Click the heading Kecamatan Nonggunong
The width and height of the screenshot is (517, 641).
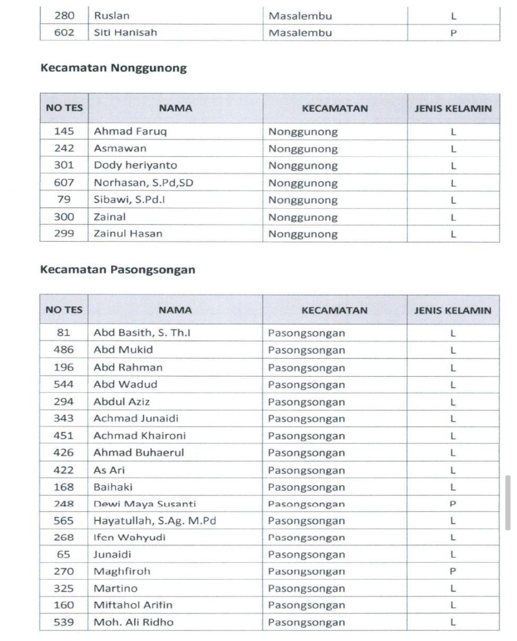click(x=113, y=68)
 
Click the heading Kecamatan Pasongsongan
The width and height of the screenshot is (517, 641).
click(x=118, y=270)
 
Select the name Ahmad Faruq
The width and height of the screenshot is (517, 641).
click(x=125, y=132)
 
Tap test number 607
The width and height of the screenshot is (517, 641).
click(x=63, y=183)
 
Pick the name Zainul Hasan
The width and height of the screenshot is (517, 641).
click(x=128, y=234)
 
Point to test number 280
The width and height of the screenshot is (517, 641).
click(x=63, y=15)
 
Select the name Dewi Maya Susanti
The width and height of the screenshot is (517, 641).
click(x=145, y=503)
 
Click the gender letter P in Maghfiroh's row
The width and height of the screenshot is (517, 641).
click(x=453, y=571)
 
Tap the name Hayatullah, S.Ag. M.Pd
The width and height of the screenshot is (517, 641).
click(x=154, y=520)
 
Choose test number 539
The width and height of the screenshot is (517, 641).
click(x=63, y=622)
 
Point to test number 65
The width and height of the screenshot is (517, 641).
click(x=63, y=554)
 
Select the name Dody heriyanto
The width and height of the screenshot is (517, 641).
click(x=135, y=165)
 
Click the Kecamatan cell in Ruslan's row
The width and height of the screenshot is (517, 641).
click(x=300, y=15)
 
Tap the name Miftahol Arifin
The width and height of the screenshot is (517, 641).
click(x=136, y=605)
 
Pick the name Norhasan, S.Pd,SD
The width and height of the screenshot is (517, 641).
click(x=143, y=183)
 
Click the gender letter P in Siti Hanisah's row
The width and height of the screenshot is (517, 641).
click(x=453, y=32)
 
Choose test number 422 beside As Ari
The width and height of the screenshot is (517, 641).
click(x=63, y=470)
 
